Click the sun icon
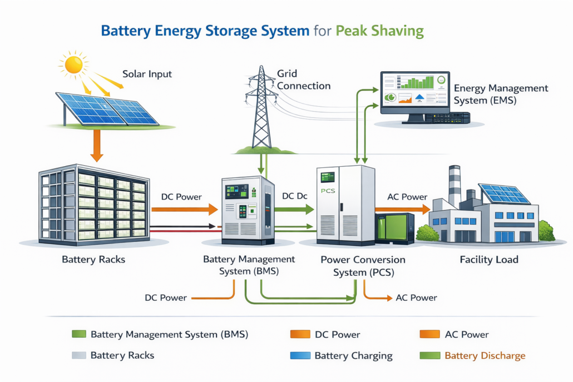(73, 65)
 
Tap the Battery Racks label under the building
(93, 260)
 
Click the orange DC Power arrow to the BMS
(184, 209)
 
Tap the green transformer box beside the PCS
(395, 228)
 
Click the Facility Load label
(489, 260)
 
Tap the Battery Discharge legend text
(485, 355)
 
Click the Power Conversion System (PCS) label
(363, 266)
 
